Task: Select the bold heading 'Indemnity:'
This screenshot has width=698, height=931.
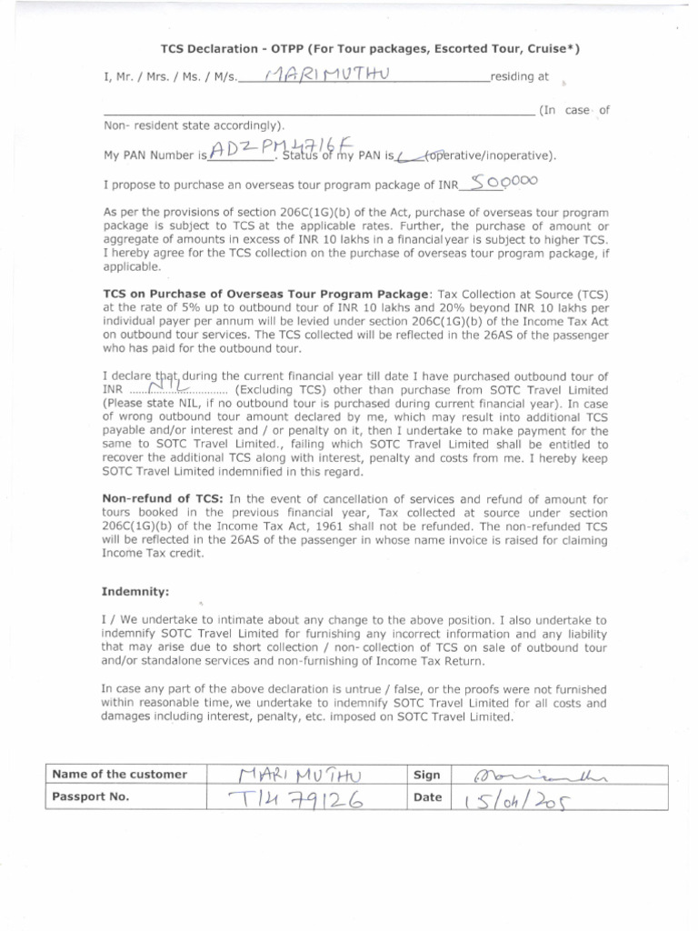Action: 136,591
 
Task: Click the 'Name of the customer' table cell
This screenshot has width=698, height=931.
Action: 120,775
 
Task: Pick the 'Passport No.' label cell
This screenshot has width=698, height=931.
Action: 91,796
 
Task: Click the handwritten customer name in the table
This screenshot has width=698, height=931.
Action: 298,775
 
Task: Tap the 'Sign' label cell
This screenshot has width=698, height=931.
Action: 427,776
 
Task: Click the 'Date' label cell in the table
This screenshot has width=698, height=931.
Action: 428,797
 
